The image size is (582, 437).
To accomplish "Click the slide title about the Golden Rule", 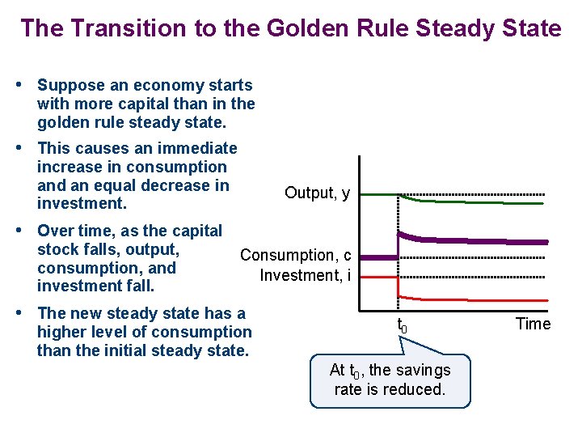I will pos(290,28).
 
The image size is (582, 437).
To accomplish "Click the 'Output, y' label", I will pos(317,193).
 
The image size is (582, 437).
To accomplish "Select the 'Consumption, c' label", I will pos(295,255).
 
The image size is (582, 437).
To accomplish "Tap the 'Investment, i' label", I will pos(305,275).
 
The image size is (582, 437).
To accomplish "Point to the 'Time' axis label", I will pos(533,324).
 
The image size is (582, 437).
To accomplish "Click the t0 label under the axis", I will pos(402,326).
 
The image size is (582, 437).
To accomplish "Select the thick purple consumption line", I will pos(485,241).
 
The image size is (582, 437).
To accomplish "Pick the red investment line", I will pos(485,299).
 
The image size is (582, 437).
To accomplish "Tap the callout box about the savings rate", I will pos(390,380).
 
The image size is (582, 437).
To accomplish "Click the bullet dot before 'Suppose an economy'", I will pos(26,85).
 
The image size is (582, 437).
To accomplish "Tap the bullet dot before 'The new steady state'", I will pos(26,313).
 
